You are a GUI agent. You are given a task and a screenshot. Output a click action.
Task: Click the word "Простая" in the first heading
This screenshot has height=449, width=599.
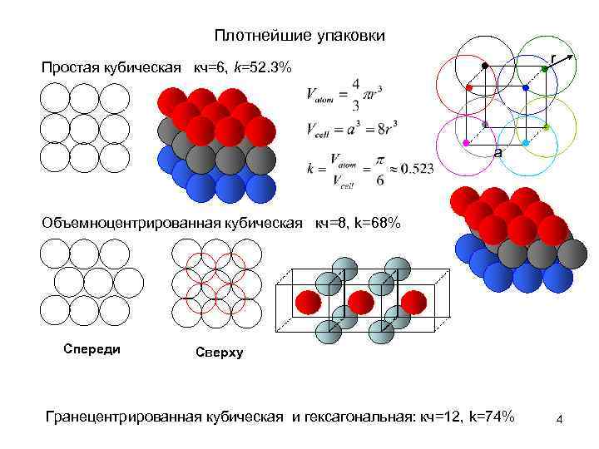(68, 67)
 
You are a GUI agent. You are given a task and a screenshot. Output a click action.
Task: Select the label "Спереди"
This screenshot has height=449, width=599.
(92, 348)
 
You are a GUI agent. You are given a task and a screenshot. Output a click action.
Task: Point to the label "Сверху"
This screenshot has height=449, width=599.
(219, 353)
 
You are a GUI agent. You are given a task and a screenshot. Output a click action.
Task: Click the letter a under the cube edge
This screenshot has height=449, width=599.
(497, 154)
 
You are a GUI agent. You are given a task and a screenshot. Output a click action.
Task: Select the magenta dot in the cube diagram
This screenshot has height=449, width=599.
(465, 144)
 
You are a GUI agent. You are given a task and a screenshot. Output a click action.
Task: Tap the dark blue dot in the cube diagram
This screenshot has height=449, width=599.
(525, 87)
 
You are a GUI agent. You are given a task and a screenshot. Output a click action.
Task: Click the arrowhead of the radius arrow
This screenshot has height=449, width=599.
(573, 57)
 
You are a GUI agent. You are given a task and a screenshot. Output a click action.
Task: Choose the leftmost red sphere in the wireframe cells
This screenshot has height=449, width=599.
(307, 300)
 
